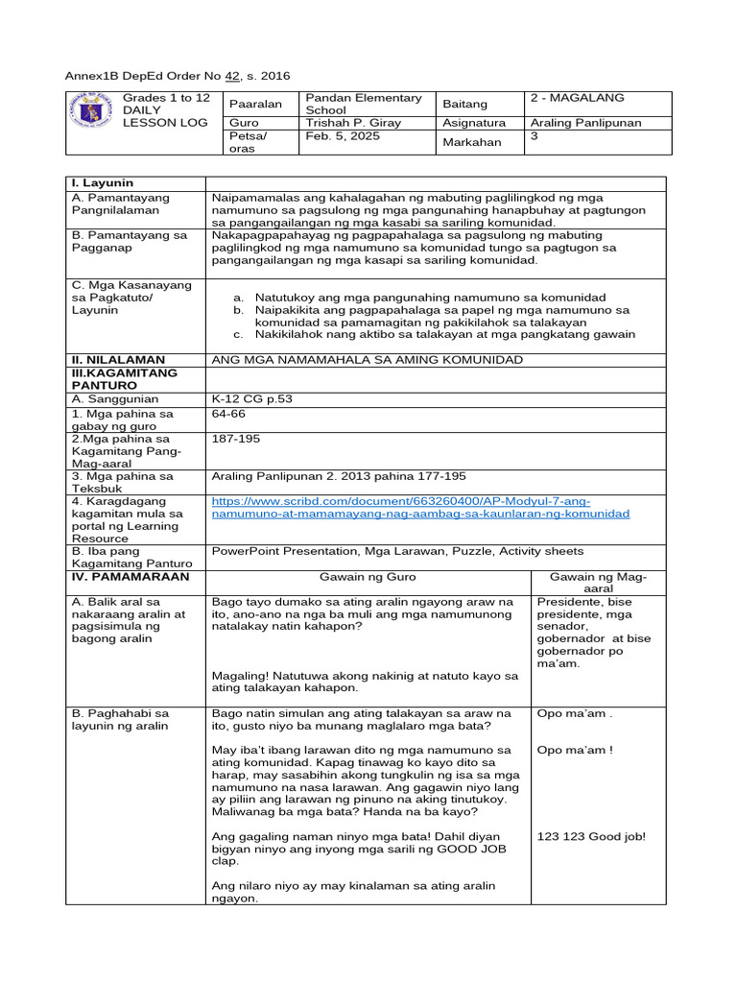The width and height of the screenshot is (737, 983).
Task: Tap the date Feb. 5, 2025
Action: point(342,136)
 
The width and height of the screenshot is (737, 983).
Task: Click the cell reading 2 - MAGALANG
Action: point(577,98)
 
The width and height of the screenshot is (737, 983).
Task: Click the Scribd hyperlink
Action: point(420,508)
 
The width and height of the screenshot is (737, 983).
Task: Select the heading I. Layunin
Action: point(101,182)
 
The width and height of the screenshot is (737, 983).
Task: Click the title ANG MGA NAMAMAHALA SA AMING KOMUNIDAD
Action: point(368,359)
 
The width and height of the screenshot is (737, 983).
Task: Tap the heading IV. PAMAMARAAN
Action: point(131,577)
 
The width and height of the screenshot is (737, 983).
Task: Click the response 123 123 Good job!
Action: point(591,836)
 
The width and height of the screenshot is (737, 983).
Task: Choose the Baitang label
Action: point(465,104)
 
